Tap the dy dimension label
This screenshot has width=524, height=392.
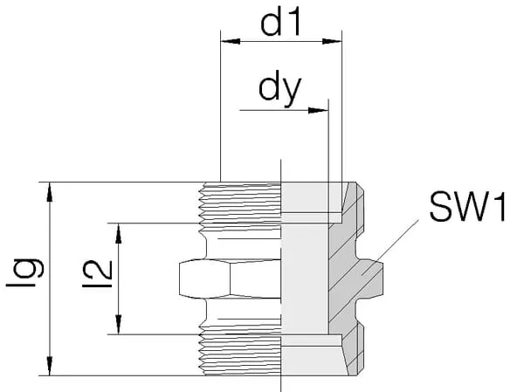pos(279,90)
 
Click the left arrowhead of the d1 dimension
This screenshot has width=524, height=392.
pos(225,40)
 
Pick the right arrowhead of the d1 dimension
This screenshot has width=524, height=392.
pos(335,40)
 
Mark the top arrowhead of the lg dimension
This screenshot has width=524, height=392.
pos(50,189)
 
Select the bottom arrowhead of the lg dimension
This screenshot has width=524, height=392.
pos(50,368)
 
